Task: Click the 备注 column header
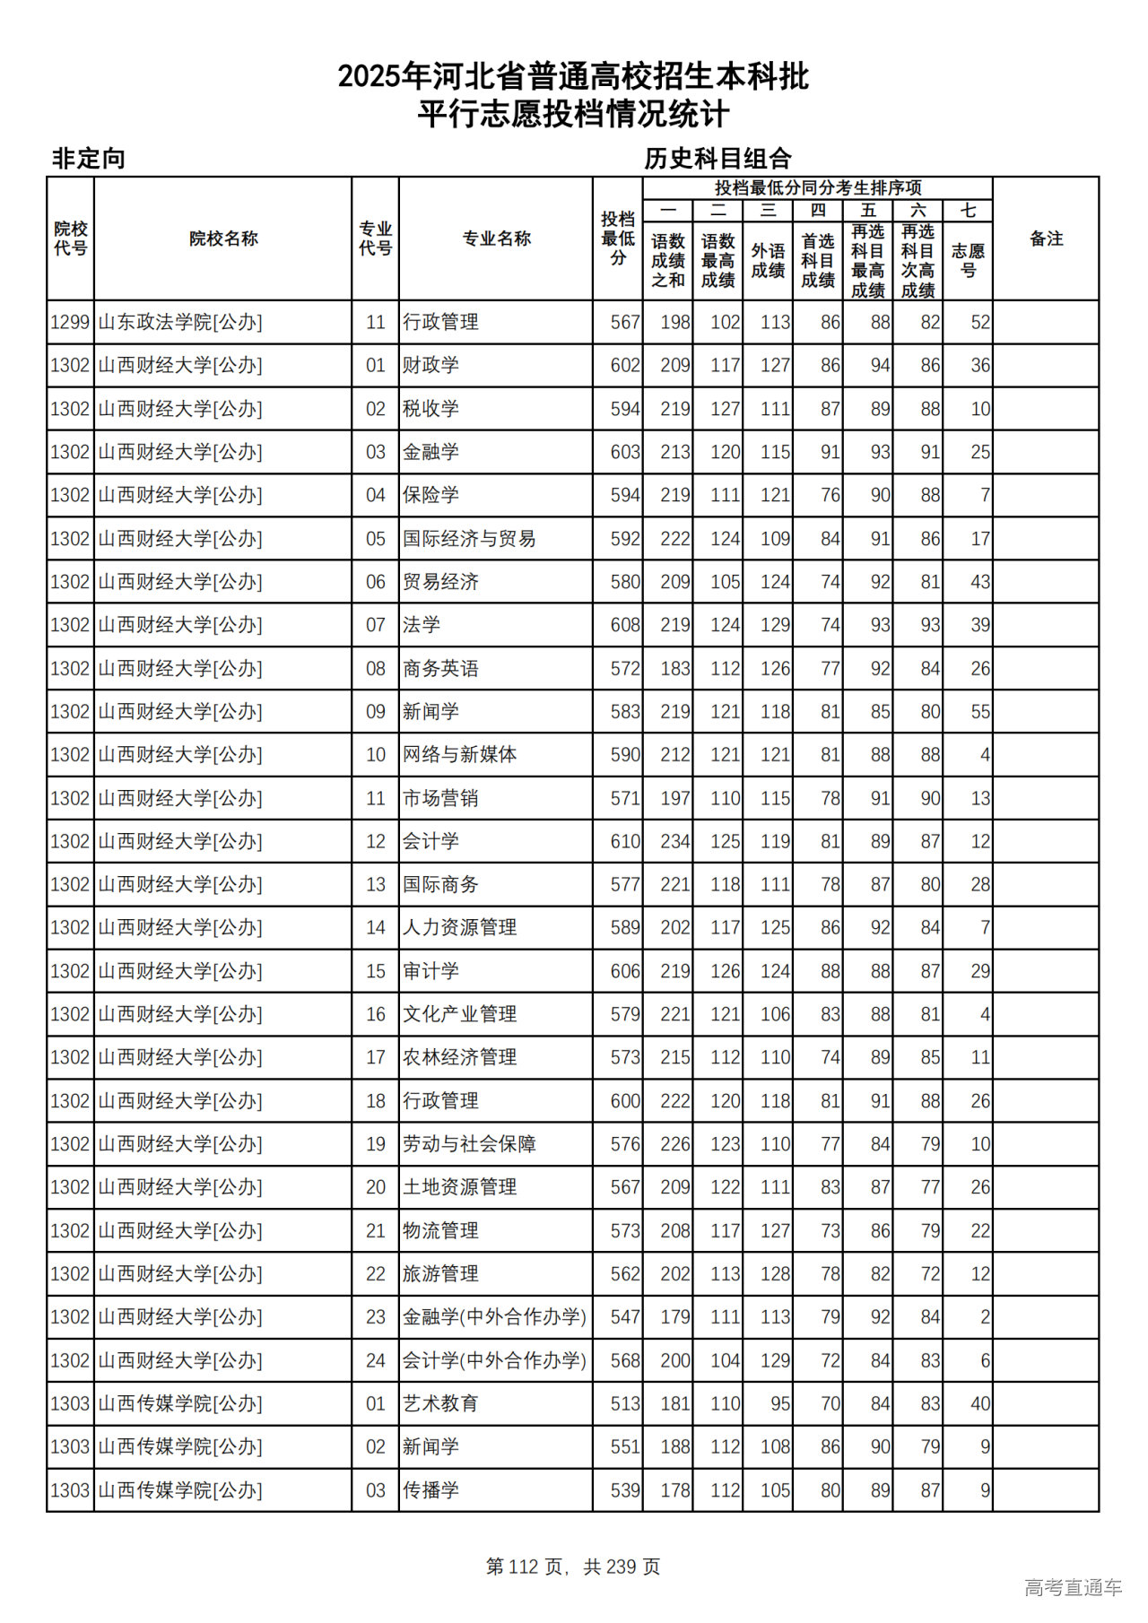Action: click(1046, 239)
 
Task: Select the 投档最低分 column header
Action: click(618, 239)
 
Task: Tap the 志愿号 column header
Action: click(968, 260)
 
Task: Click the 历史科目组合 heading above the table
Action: click(717, 159)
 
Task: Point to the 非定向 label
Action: click(89, 159)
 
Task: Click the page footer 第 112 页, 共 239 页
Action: click(573, 1567)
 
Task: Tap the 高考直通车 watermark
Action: click(1073, 1587)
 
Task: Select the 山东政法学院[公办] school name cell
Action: click(180, 322)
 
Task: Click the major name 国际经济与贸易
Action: click(469, 539)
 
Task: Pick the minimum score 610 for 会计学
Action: click(624, 841)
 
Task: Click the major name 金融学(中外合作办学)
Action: click(494, 1317)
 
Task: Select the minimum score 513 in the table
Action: click(624, 1403)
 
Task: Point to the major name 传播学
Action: click(430, 1490)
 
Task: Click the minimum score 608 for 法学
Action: click(624, 625)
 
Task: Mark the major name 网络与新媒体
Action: click(459, 755)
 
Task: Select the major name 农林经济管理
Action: click(459, 1057)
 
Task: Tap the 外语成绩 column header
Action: click(768, 260)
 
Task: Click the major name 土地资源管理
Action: click(459, 1187)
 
